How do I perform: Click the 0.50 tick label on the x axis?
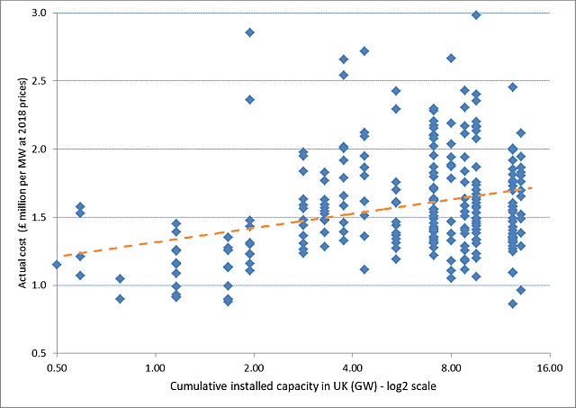(x=57, y=367)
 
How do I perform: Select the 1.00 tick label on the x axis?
(x=155, y=367)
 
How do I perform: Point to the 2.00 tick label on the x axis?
(x=254, y=367)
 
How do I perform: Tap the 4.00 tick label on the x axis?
(x=352, y=367)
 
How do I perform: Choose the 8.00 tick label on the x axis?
(x=451, y=367)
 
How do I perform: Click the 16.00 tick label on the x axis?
(x=549, y=367)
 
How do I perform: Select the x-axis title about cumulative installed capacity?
(x=302, y=391)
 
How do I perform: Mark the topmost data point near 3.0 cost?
(x=476, y=14)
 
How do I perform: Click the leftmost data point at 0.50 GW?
(x=57, y=264)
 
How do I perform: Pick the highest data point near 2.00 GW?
(x=250, y=32)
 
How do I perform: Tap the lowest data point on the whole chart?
(x=513, y=304)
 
